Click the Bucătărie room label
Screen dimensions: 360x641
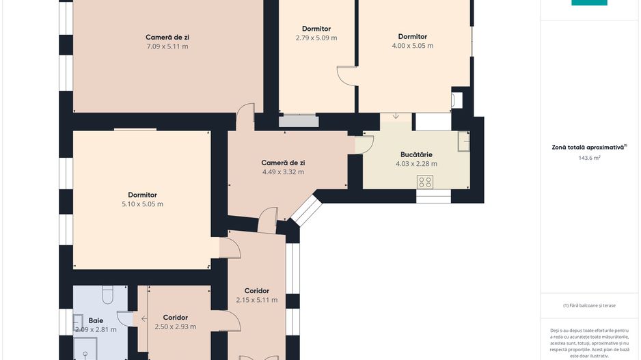tap(416, 154)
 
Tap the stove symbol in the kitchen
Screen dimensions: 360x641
tap(425, 182)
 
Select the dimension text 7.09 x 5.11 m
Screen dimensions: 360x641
tap(167, 46)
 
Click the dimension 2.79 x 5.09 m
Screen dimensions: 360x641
tap(316, 38)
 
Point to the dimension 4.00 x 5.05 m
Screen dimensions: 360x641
tap(413, 46)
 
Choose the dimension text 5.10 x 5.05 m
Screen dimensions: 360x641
tap(142, 204)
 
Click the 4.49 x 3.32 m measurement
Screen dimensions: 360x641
tap(283, 172)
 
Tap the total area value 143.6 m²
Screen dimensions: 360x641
tap(589, 158)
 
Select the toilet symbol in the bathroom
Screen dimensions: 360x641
tap(107, 294)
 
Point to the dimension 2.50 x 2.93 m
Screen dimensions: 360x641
tap(175, 327)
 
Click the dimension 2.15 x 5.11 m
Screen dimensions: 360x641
tap(256, 300)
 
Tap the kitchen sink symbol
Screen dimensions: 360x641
tap(464, 141)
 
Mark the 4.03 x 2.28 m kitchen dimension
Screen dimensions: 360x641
tap(416, 164)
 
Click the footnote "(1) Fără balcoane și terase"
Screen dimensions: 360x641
tap(589, 305)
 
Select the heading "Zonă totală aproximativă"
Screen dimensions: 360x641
tap(589, 147)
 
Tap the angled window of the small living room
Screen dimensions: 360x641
tap(306, 210)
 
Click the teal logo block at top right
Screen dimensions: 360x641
tap(589, 3)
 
